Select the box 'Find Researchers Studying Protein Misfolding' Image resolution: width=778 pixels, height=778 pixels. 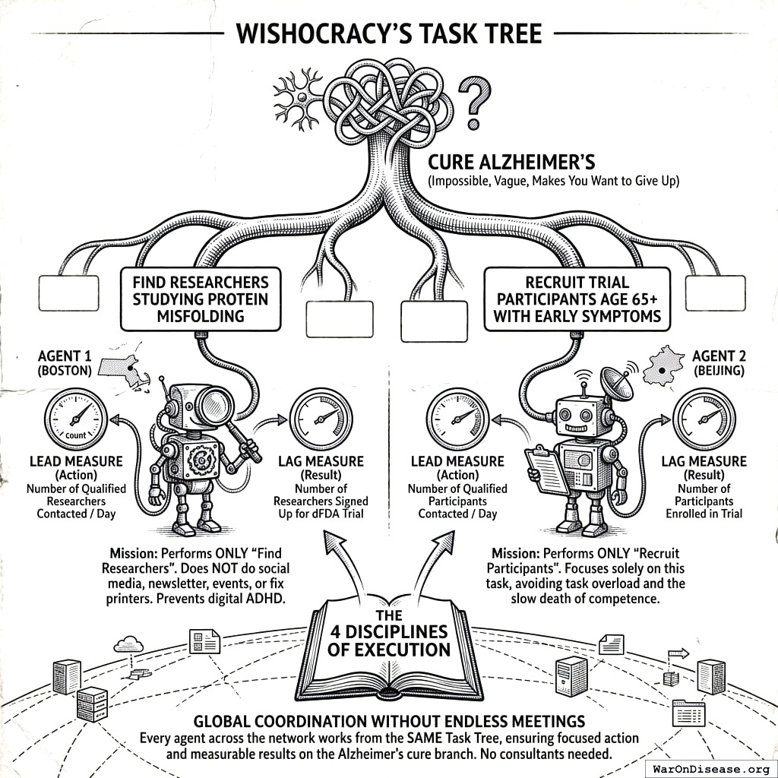pyautogui.click(x=200, y=299)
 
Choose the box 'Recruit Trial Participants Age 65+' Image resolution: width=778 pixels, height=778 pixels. pyautogui.click(x=577, y=299)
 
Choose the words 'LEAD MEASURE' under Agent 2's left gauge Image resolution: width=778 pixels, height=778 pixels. pyautogui.click(x=457, y=461)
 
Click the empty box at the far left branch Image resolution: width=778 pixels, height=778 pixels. pyautogui.click(x=68, y=293)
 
